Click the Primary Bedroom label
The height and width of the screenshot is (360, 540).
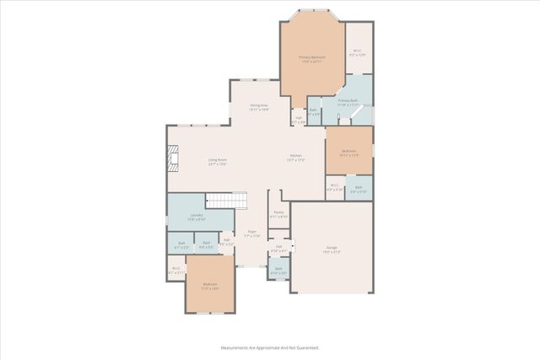(311, 59)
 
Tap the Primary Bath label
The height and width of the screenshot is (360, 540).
(348, 102)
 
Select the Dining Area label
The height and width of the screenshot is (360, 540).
(258, 107)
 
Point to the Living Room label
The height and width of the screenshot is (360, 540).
(218, 161)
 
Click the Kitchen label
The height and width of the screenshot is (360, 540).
(296, 158)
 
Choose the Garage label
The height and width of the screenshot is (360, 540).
(330, 250)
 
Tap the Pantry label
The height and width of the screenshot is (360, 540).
(278, 215)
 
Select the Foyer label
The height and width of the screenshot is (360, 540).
(251, 235)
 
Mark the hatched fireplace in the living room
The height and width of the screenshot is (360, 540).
(173, 159)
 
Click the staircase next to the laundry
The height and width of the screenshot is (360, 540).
(228, 201)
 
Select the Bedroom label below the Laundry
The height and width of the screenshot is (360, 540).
(209, 287)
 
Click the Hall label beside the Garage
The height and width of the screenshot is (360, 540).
(278, 249)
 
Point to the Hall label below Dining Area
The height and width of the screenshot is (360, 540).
(298, 120)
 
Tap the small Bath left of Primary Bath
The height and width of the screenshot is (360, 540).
(313, 113)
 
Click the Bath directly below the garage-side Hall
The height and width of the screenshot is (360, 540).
(278, 271)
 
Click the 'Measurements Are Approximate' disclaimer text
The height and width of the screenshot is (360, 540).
(269, 347)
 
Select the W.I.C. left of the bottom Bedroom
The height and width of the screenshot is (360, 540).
(176, 271)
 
